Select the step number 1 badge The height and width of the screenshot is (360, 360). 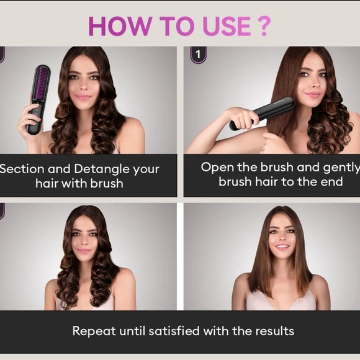pyautogui.click(x=198, y=54)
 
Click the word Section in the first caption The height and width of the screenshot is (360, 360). pyautogui.click(x=22, y=169)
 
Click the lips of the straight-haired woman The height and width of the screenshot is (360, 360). pyautogui.click(x=283, y=246)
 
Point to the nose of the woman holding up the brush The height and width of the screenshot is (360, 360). pyautogui.click(x=83, y=86)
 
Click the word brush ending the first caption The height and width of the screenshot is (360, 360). pyautogui.click(x=106, y=184)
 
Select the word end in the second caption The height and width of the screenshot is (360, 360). pyautogui.click(x=330, y=182)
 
